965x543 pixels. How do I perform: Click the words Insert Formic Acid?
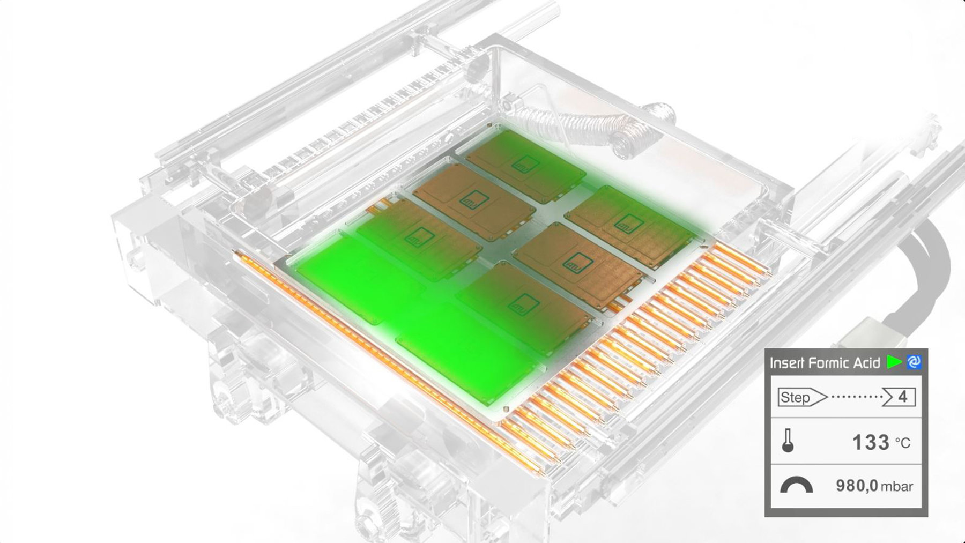[825, 363]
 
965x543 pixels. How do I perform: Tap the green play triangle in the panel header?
[894, 362]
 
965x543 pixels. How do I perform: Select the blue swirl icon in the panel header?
[914, 362]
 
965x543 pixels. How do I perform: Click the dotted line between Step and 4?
[857, 397]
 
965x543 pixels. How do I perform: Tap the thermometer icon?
[788, 441]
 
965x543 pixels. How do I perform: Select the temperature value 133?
[871, 442]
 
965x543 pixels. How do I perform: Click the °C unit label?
[903, 443]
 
